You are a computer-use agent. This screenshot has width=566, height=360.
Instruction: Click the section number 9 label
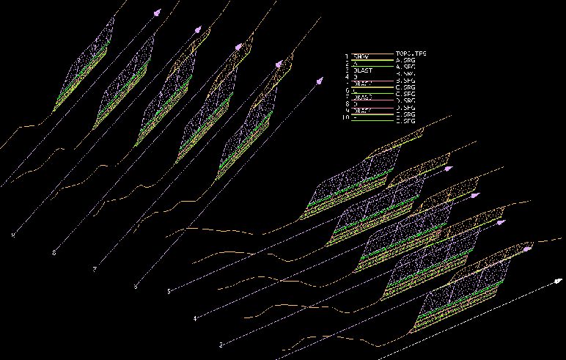click(x=12, y=235)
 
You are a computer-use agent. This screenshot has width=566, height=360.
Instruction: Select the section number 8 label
click(x=54, y=253)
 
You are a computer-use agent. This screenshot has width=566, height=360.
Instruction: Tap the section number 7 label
click(x=95, y=270)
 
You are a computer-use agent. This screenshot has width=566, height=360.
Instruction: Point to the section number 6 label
click(x=136, y=286)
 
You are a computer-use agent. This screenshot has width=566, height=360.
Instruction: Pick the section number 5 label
click(x=169, y=291)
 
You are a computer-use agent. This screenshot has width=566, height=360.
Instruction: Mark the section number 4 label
click(x=195, y=318)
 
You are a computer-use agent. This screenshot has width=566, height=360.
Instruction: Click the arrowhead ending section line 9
click(x=156, y=12)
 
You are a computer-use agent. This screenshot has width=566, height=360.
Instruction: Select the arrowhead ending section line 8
click(x=197, y=29)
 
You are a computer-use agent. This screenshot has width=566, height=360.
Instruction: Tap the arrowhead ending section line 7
click(x=238, y=47)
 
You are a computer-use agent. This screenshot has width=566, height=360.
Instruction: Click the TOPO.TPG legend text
click(x=411, y=54)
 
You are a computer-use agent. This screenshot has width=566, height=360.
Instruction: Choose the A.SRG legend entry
click(x=406, y=60)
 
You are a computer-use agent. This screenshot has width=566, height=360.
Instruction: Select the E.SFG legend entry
click(x=406, y=121)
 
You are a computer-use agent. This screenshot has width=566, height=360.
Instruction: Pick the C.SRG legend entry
click(x=406, y=87)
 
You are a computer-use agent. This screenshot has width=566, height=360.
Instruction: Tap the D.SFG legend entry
click(x=406, y=108)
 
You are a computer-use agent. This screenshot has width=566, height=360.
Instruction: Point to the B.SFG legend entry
click(x=406, y=81)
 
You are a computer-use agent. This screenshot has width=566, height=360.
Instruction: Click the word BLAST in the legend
click(x=363, y=70)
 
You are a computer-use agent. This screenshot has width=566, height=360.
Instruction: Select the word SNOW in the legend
click(x=361, y=56)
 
